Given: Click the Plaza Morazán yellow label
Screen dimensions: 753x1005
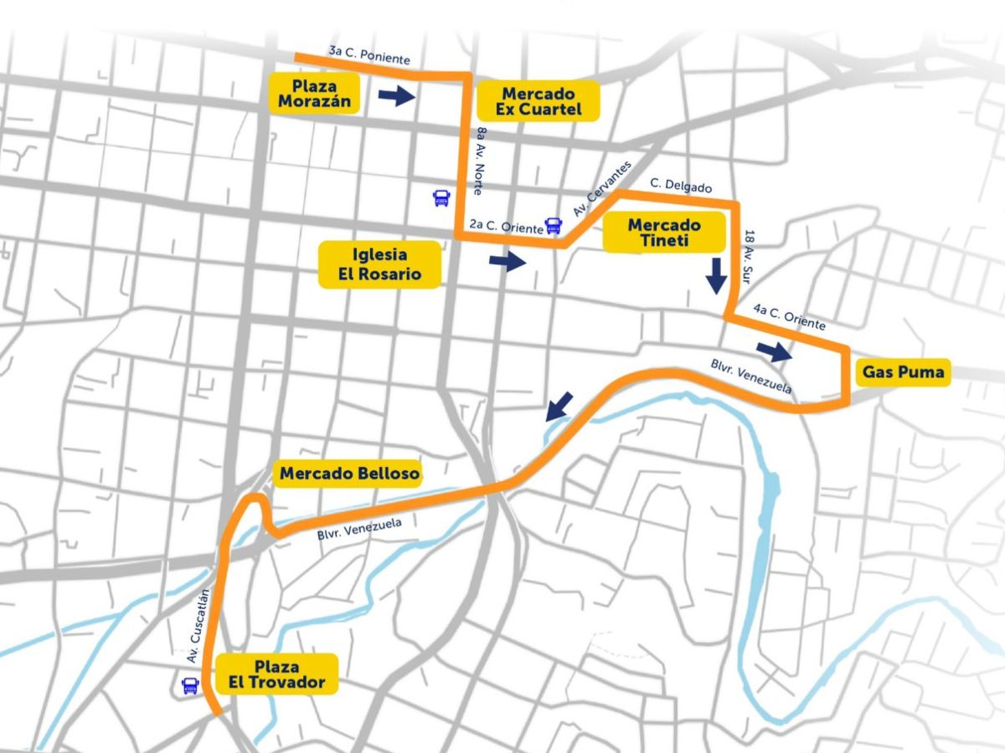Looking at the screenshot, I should coord(314,94).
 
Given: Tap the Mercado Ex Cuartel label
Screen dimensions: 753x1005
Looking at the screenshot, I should coord(538,101).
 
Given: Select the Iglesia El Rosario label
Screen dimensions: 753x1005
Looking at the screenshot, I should coord(380,264).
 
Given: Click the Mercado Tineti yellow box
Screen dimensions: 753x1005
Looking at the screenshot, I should coord(664,233).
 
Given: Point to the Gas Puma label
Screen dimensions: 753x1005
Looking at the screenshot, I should coord(904,372).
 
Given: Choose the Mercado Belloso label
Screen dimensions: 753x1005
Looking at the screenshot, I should coord(349,474).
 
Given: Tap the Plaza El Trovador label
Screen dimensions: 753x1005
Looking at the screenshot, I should coord(277,674).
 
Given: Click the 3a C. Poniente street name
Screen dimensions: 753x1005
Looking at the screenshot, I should coord(369,56).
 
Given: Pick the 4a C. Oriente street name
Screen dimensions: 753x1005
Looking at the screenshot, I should coord(788,318).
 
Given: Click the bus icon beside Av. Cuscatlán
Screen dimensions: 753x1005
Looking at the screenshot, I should coord(190,686).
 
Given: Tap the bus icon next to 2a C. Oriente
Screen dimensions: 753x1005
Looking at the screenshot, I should coord(553,225).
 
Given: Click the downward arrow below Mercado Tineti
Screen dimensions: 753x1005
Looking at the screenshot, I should coord(715,275).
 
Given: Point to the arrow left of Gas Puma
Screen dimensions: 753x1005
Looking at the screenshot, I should coord(774,351).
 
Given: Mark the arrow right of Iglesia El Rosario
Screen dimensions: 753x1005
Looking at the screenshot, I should coord(507,262).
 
